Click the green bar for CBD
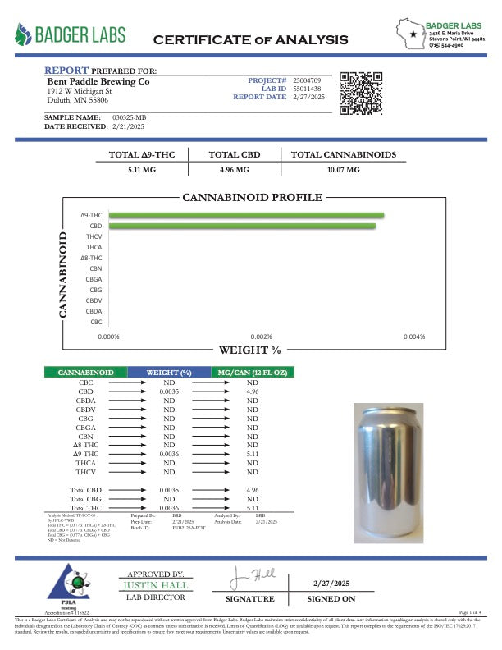coord(242,226)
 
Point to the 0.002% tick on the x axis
coord(261,336)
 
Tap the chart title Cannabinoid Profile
coord(252,198)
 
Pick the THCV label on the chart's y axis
coord(94,236)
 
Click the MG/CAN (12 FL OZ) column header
coord(252,373)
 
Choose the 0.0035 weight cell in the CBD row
coord(169,392)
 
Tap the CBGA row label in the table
coord(85,428)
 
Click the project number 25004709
coord(310,80)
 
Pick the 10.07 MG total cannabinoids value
coord(343,170)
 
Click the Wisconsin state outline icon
coord(409,34)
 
